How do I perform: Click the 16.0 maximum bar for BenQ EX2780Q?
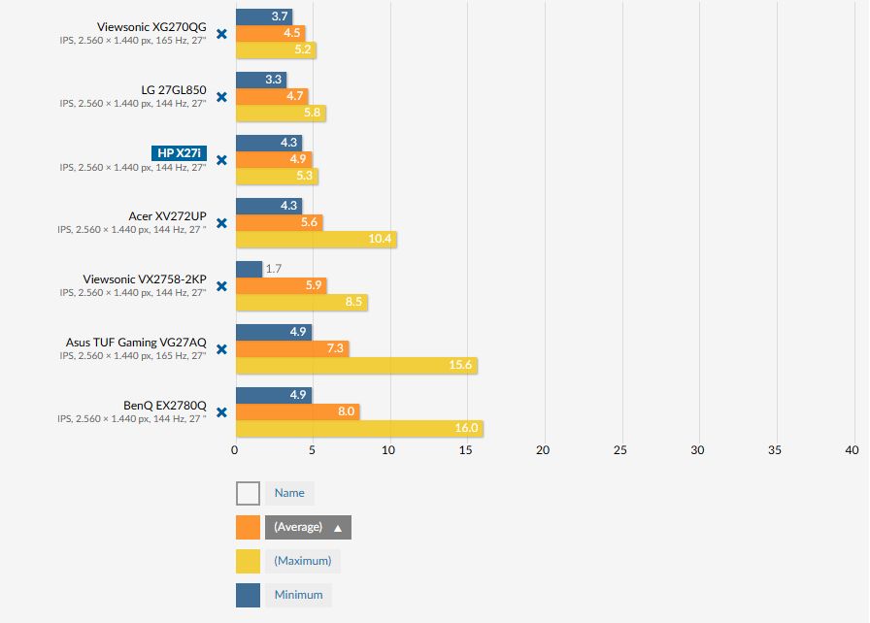[x=358, y=429]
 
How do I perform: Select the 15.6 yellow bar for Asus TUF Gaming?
[x=355, y=366]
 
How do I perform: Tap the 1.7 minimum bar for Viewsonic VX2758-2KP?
[x=249, y=269]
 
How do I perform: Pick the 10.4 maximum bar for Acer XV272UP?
[x=316, y=240]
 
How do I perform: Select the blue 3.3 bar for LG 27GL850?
[x=260, y=80]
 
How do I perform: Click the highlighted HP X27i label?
[x=180, y=153]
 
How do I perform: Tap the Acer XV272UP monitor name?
[x=167, y=216]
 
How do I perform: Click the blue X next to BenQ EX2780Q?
[x=221, y=412]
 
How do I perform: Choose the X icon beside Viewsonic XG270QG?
[x=221, y=34]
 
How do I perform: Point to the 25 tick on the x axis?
[x=620, y=450]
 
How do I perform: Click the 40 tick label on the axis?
[x=852, y=450]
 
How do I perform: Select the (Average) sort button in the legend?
[x=308, y=527]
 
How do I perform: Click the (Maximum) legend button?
[x=302, y=561]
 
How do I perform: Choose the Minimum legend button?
[x=298, y=595]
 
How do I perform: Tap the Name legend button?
[x=289, y=493]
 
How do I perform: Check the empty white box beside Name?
[x=248, y=493]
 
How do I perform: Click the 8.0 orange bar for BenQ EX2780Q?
[x=297, y=412]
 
